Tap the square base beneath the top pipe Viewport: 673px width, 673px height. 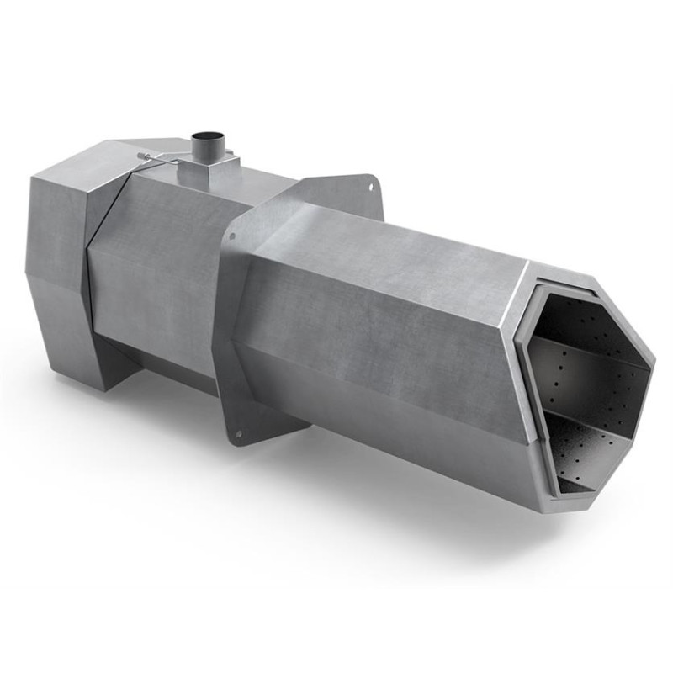(204, 173)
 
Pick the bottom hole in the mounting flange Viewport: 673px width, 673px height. (239, 434)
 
